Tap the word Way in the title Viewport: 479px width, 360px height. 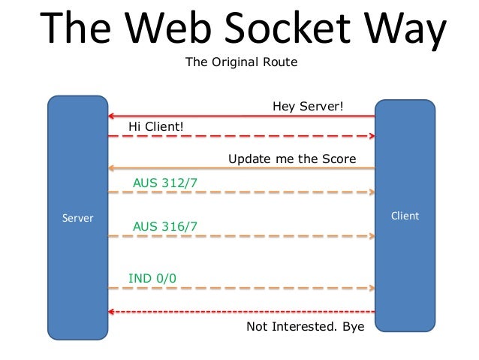[405, 28]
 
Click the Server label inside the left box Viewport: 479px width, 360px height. [77, 218]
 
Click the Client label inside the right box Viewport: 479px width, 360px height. [405, 216]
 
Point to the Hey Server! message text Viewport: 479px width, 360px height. [307, 107]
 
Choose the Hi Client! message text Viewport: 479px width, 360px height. [155, 126]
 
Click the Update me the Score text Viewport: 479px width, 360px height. [291, 159]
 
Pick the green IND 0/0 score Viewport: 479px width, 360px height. [152, 278]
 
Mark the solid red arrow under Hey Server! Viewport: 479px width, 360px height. [240, 116]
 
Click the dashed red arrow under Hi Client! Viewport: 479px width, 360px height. [240, 136]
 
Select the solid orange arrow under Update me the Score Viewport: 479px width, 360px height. [240, 168]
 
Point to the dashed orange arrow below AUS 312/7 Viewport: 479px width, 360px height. [240, 192]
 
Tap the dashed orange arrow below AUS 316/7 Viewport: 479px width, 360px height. [240, 236]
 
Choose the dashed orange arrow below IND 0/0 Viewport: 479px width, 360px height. [240, 288]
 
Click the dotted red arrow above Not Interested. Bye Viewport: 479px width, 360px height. [240, 311]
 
